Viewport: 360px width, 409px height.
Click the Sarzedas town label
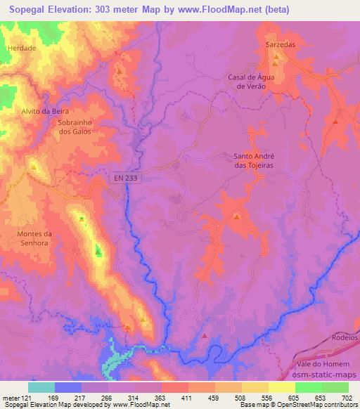(278, 44)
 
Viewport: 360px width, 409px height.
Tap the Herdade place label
(21, 48)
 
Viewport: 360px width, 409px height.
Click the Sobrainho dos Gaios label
(70, 126)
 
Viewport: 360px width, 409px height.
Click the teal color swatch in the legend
(41, 387)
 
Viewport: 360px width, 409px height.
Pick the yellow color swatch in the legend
(282, 387)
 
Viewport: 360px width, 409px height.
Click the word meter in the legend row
(10, 398)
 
